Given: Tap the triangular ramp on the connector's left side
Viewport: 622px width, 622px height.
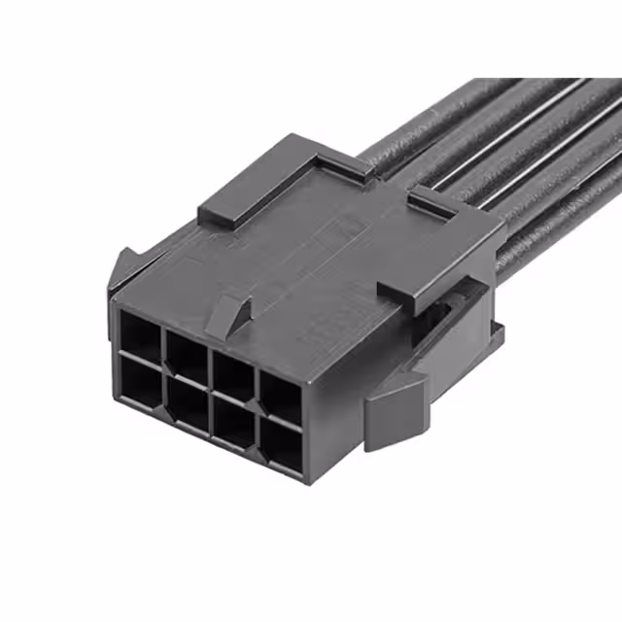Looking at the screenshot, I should (x=123, y=266).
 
